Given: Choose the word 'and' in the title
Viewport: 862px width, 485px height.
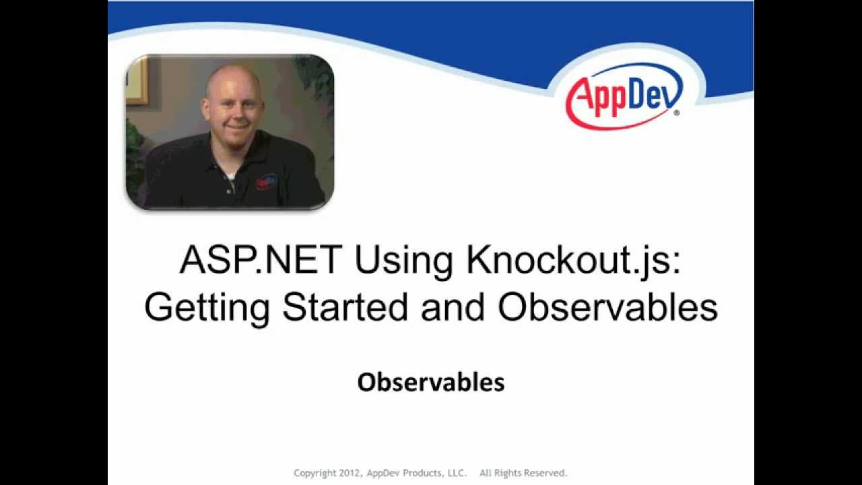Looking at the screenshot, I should (453, 307).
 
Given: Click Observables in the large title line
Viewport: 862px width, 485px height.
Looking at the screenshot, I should (607, 307).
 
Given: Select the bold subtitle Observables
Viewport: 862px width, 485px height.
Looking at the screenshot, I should (431, 383).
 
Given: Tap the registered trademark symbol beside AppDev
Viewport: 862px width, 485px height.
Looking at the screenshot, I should (676, 112).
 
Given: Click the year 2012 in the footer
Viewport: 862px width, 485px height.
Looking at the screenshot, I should (350, 473).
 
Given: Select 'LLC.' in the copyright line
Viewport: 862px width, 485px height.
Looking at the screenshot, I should (456, 473).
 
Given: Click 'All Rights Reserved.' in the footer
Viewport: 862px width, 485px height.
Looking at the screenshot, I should (523, 473).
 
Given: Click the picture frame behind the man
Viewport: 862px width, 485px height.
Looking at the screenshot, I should (136, 81).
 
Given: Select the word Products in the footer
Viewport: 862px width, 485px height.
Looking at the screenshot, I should (422, 473).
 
